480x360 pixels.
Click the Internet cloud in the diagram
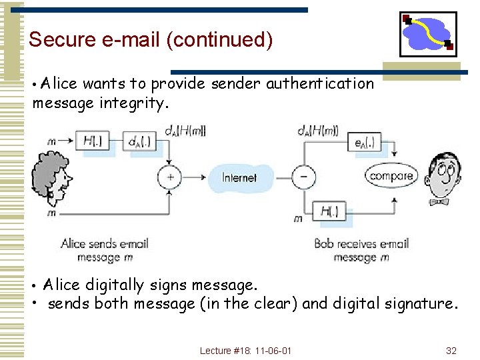pyautogui.click(x=239, y=177)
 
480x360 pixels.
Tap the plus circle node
pyautogui.click(x=170, y=177)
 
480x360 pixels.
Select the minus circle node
pyautogui.click(x=304, y=177)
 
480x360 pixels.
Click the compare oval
pyautogui.click(x=391, y=176)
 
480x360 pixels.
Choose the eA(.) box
pyautogui.click(x=364, y=142)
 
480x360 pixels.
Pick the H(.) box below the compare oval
pyautogui.click(x=330, y=213)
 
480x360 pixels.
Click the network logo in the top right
pyautogui.click(x=428, y=34)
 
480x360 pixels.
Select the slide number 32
pyautogui.click(x=451, y=351)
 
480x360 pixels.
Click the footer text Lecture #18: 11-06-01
pyautogui.click(x=245, y=351)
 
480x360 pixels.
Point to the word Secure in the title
pyautogui.click(x=63, y=40)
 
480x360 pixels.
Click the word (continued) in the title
pyautogui.click(x=220, y=40)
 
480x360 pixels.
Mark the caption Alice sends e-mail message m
pyautogui.click(x=105, y=251)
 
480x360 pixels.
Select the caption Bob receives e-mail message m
pyautogui.click(x=361, y=251)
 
